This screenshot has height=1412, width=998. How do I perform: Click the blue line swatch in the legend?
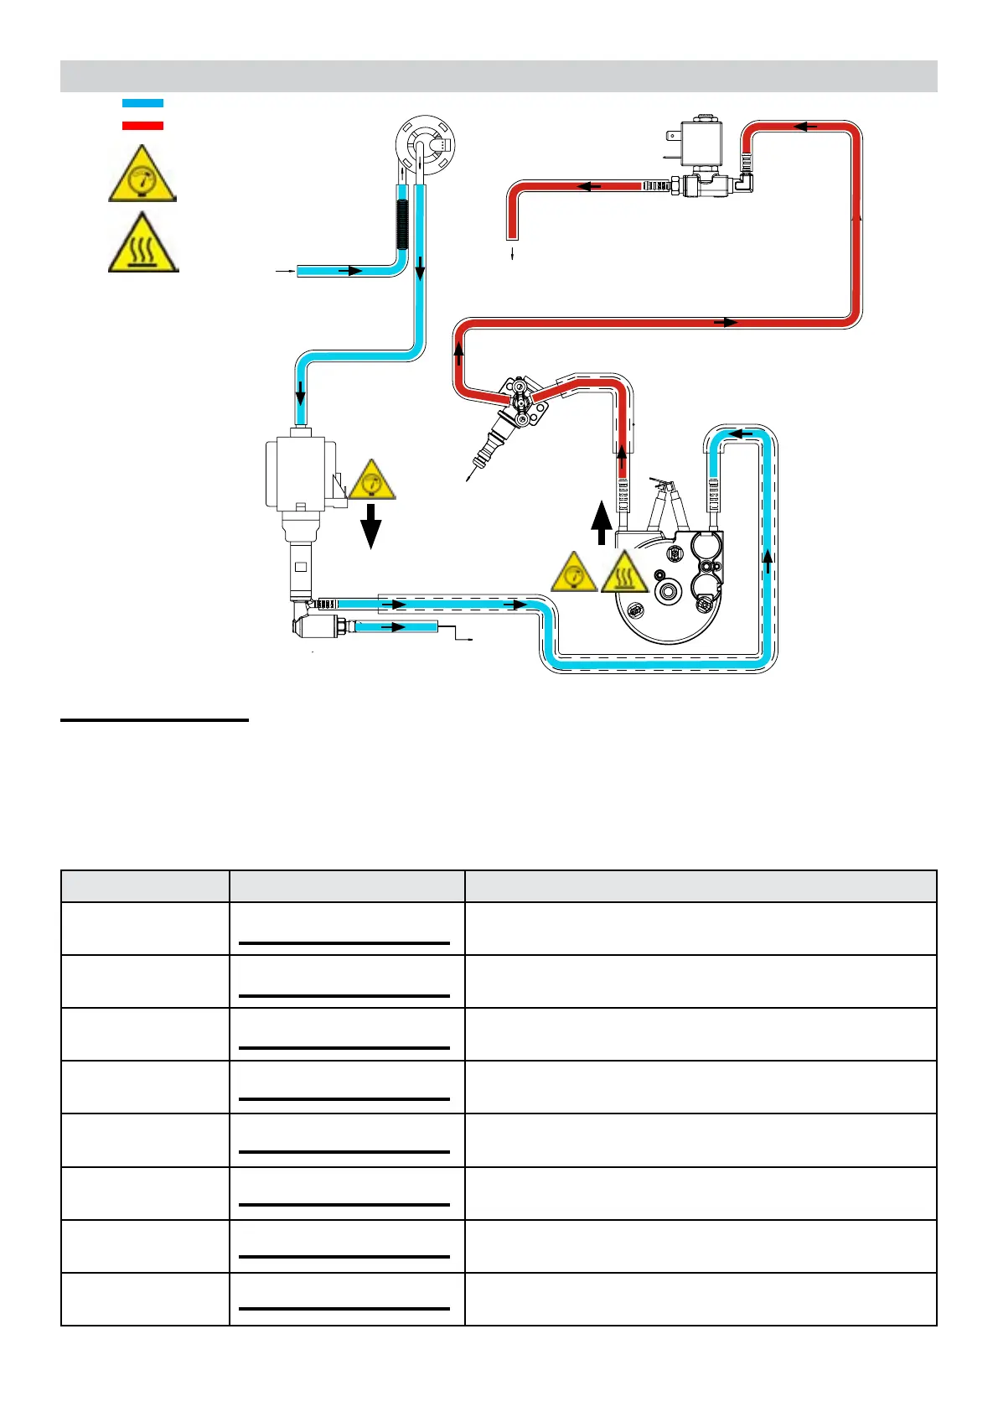pyautogui.click(x=142, y=103)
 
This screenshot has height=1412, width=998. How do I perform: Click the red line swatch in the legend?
pyautogui.click(x=142, y=126)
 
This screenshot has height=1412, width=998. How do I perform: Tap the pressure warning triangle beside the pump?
pyautogui.click(x=372, y=482)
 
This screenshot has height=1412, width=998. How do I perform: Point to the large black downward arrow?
pyautogui.click(x=370, y=527)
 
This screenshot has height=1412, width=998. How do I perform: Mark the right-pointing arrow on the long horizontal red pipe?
pyautogui.click(x=730, y=323)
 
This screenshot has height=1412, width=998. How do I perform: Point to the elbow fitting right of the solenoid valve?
pyautogui.click(x=746, y=179)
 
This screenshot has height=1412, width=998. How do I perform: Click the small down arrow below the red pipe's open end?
pyautogui.click(x=512, y=255)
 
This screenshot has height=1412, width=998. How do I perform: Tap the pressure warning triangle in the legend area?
pyautogui.click(x=142, y=174)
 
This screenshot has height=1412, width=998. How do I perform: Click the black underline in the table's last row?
pyautogui.click(x=344, y=1308)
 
